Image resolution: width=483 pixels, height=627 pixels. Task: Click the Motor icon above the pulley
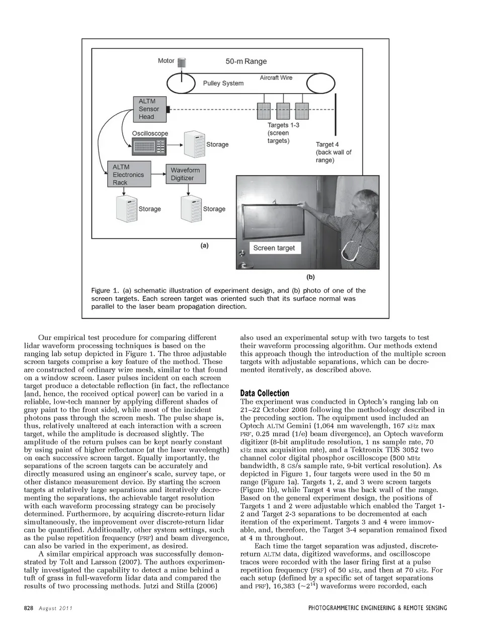(x=182, y=62)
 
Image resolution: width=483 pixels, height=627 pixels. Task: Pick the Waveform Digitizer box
(x=185, y=174)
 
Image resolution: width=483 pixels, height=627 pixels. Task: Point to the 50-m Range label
(x=246, y=61)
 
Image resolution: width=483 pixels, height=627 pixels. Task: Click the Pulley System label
(x=223, y=83)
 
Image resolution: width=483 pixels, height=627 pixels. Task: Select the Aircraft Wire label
(x=276, y=77)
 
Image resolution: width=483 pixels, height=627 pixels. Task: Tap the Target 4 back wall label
(x=333, y=152)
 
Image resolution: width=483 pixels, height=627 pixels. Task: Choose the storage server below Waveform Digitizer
(x=192, y=209)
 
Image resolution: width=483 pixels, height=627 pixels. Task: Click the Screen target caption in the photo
(x=274, y=248)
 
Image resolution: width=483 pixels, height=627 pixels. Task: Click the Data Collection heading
(x=265, y=393)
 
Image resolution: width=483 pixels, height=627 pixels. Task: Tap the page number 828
(x=29, y=608)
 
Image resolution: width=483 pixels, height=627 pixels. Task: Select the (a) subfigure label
(x=204, y=246)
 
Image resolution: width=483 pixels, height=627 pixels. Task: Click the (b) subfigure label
(x=310, y=276)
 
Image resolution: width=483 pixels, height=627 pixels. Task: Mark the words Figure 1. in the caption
(x=106, y=290)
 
